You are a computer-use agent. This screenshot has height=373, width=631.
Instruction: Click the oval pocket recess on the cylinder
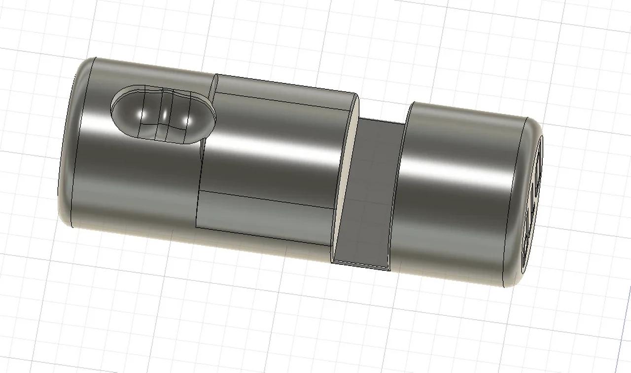pos(163,114)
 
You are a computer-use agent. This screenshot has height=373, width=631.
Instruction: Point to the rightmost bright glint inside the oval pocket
pos(185,120)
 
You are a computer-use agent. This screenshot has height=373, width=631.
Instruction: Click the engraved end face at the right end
pos(532,207)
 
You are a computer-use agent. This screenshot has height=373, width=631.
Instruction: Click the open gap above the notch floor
pos(382,111)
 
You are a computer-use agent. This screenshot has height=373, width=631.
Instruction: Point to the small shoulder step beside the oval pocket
pos(212,89)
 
